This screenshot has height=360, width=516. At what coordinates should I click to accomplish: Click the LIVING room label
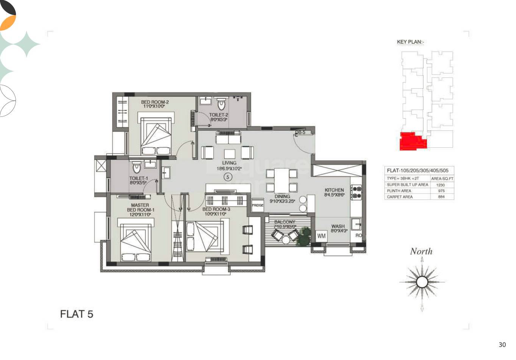pyautogui.click(x=229, y=163)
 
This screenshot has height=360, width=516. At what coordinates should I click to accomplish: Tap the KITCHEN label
pyautogui.click(x=334, y=190)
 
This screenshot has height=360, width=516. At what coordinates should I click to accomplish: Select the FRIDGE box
pyautogui.click(x=257, y=205)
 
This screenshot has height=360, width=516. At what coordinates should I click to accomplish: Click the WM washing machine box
pyautogui.click(x=321, y=236)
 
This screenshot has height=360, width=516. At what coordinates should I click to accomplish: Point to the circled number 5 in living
pyautogui.click(x=228, y=177)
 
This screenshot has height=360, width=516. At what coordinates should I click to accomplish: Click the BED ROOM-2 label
pyautogui.click(x=155, y=102)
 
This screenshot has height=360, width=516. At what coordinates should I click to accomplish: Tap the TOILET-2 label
pyautogui.click(x=219, y=115)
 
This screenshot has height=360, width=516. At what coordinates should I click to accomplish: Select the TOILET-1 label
pyautogui.click(x=138, y=178)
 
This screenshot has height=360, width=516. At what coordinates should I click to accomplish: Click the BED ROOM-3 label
pyautogui.click(x=216, y=209)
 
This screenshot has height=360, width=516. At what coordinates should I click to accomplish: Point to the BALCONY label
pyautogui.click(x=285, y=222)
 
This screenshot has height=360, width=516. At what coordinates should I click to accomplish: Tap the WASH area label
pyautogui.click(x=338, y=227)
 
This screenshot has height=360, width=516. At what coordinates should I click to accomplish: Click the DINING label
pyautogui.click(x=282, y=197)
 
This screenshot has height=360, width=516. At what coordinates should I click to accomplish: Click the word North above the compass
pyautogui.click(x=421, y=251)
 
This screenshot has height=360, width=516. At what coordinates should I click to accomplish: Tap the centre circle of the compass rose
pyautogui.click(x=421, y=282)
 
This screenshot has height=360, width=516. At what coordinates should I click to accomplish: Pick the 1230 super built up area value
pyautogui.click(x=441, y=185)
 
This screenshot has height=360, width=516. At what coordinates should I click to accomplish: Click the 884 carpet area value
pyautogui.click(x=441, y=197)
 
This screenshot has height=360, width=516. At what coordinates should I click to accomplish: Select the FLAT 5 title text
pyautogui.click(x=77, y=314)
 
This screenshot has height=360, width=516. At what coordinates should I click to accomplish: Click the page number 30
pyautogui.click(x=502, y=345)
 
